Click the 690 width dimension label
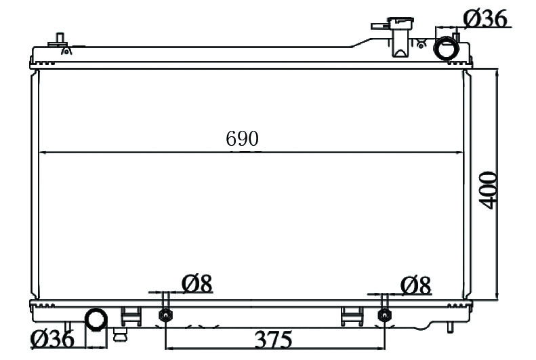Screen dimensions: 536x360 (x=242, y=138)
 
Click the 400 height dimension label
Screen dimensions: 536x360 (x=487, y=190)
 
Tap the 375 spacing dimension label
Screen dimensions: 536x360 (x=273, y=339)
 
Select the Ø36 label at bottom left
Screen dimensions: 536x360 (x=52, y=339)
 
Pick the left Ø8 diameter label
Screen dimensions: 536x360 (x=197, y=284)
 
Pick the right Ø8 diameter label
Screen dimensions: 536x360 (x=415, y=285)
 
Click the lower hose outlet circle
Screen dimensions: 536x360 (x=96, y=319)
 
